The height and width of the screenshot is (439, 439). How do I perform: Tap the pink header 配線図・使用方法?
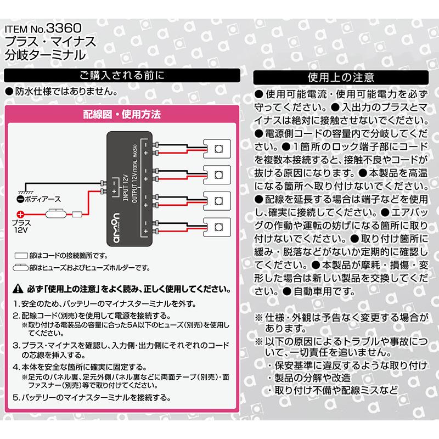pos(122,115)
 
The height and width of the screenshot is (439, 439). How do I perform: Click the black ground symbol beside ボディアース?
pos(20,200)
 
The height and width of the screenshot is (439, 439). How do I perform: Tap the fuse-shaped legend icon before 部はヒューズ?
pos(21,268)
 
